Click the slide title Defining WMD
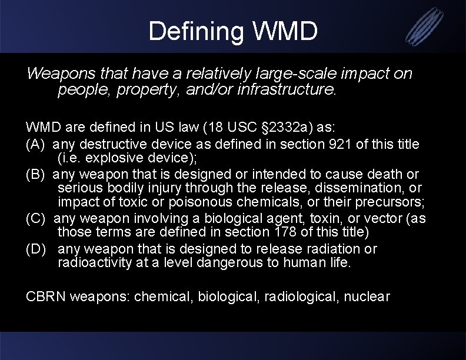[x=233, y=31]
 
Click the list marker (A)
[x=36, y=144]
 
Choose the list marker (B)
[x=36, y=175]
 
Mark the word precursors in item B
[x=388, y=201]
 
